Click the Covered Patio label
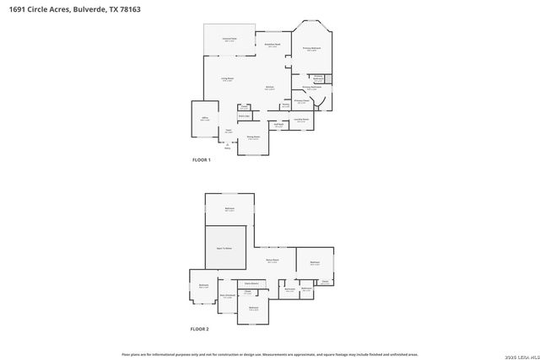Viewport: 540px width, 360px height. click(229, 39)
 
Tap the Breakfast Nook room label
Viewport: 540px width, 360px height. click(273, 45)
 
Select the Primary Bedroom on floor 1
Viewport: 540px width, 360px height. click(310, 50)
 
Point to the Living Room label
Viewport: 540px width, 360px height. click(228, 80)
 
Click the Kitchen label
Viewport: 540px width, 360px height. click(270, 88)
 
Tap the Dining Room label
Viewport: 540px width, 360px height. click(253, 137)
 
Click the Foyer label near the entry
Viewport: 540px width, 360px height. click(228, 131)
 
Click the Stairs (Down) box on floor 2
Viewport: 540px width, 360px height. click(251, 282)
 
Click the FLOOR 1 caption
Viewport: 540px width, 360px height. click(201, 159)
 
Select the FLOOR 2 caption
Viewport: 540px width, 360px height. click(199, 328)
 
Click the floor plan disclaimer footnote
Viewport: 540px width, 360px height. click(270, 354)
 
